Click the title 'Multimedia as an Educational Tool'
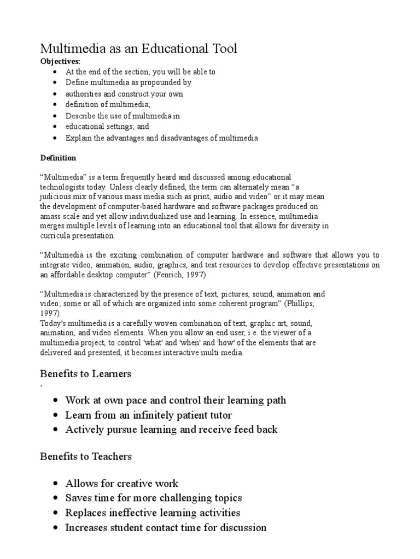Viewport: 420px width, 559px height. click(x=139, y=49)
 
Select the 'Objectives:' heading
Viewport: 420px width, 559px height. click(x=60, y=62)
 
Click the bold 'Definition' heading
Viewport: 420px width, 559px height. click(x=59, y=158)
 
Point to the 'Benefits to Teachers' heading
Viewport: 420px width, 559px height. click(x=86, y=456)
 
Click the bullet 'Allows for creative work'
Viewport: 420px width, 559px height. click(x=121, y=484)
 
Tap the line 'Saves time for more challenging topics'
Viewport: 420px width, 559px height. click(x=153, y=498)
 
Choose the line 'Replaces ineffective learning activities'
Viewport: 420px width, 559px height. click(x=153, y=513)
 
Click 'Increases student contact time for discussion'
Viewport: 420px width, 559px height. click(x=166, y=527)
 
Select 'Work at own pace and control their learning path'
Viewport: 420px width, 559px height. click(x=176, y=400)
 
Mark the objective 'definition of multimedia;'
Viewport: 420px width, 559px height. click(x=108, y=105)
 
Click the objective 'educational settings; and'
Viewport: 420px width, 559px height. click(x=107, y=127)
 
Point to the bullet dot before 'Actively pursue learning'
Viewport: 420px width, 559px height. click(x=55, y=430)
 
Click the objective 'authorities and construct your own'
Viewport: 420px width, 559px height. click(x=124, y=94)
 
